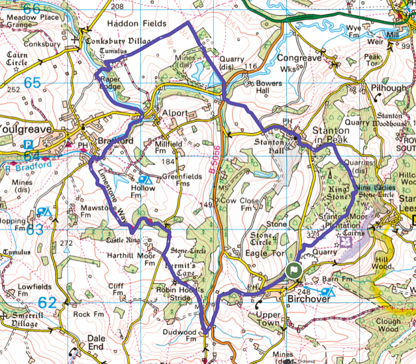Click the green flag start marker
294,269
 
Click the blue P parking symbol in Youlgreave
28,145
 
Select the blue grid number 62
47,302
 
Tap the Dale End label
96,343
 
